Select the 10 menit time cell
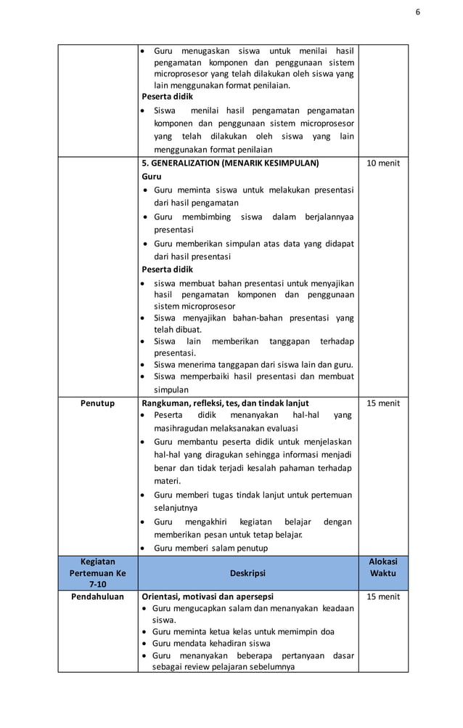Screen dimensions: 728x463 tap(383, 163)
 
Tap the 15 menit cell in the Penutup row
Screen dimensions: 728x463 tap(383, 403)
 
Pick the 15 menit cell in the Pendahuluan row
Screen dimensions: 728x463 tap(383, 597)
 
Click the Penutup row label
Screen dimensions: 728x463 tap(97, 403)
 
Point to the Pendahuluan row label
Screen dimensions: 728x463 tap(97, 597)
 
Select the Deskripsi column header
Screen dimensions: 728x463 tap(248, 573)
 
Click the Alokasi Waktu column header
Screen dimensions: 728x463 tap(383, 567)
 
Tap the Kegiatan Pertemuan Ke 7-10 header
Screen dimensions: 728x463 tap(97, 573)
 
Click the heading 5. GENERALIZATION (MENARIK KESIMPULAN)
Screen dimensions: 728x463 tap(230, 163)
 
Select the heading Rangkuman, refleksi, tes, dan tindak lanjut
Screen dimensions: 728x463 tap(225, 403)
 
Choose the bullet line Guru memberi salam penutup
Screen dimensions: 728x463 tap(210, 548)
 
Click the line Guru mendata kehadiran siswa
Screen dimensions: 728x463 tap(211, 644)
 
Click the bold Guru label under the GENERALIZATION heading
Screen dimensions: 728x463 tap(152, 177)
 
